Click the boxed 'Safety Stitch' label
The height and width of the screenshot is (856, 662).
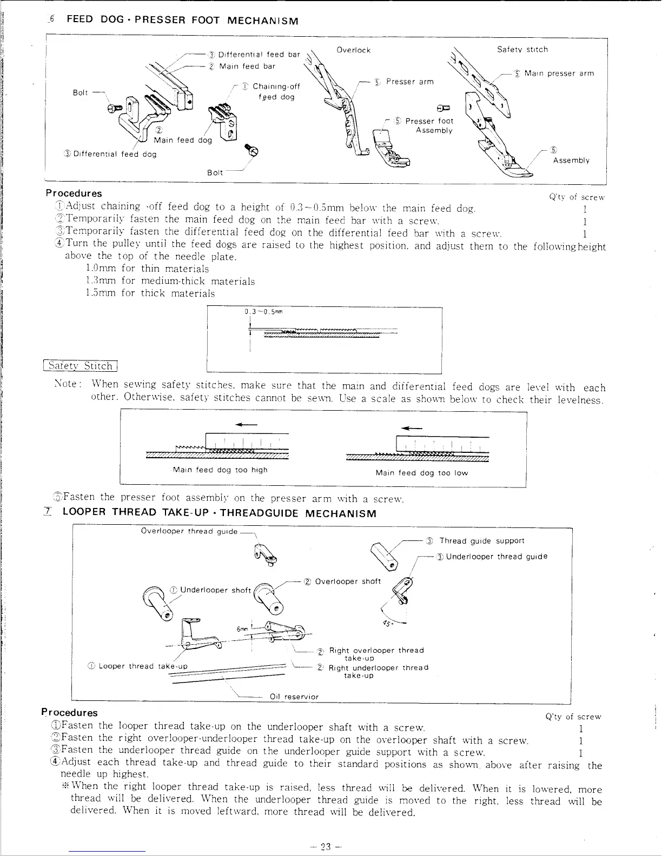pyautogui.click(x=81, y=366)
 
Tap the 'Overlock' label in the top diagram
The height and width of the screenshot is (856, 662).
pyautogui.click(x=353, y=50)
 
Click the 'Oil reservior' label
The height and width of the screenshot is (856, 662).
pyautogui.click(x=294, y=697)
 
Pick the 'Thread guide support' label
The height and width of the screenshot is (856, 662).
pyautogui.click(x=481, y=540)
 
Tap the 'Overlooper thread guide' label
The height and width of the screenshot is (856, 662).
pyautogui.click(x=189, y=531)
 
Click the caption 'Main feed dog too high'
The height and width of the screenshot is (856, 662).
pyautogui.click(x=220, y=470)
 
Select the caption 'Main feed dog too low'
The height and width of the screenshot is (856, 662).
pyautogui.click(x=421, y=473)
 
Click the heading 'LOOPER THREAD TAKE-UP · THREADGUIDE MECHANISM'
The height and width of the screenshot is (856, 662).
pyautogui.click(x=219, y=513)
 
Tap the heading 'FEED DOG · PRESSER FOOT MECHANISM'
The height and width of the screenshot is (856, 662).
pyautogui.click(x=182, y=21)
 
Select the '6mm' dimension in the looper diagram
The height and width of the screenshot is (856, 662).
pyautogui.click(x=242, y=629)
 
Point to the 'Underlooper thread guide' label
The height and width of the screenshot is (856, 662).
pyautogui.click(x=496, y=557)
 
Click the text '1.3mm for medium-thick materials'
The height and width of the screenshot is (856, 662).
pyautogui.click(x=170, y=281)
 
